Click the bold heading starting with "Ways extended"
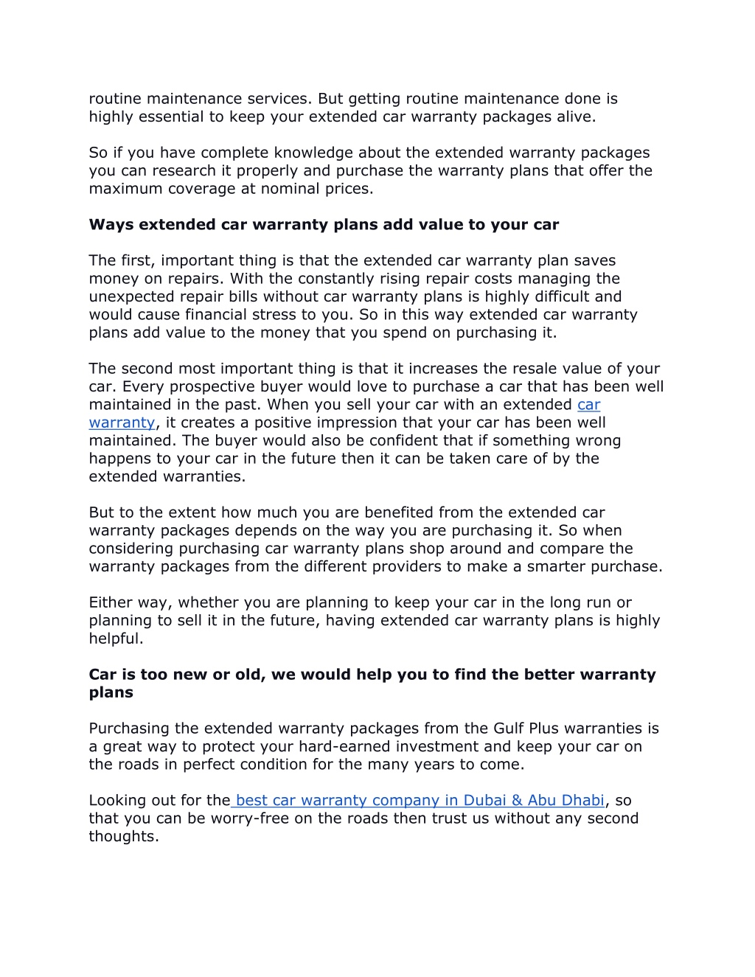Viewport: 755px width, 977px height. pos(324,225)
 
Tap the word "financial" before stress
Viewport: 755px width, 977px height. pos(219,315)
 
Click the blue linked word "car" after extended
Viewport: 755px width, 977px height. pos(588,405)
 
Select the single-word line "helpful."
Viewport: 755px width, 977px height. pos(116,639)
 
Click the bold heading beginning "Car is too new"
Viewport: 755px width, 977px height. pos(372,675)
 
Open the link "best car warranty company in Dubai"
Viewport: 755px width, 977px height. pos(419,801)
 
